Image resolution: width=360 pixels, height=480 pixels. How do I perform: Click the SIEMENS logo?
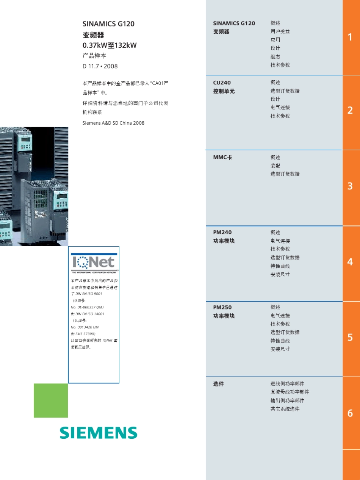99,433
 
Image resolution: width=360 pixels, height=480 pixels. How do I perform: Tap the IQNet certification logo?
94,263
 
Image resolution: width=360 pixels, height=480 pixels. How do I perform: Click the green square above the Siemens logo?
51,400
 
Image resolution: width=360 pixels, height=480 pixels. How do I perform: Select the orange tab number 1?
350,37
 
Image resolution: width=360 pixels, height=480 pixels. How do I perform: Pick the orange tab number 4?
350,262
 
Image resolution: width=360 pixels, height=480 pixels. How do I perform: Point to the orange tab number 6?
350,413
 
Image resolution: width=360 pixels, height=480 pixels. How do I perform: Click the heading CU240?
222,82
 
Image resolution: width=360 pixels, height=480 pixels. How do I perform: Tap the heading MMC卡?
222,157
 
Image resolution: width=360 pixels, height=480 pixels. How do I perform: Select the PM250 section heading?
222,307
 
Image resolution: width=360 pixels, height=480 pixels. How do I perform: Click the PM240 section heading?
222,232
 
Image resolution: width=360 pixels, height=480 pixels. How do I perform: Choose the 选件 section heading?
219,384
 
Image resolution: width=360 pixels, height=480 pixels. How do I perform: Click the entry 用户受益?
280,31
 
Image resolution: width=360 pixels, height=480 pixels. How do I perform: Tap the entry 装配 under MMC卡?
275,166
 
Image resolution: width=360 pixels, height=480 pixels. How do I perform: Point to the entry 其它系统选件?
285,409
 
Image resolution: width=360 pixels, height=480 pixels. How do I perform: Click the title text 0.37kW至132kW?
110,45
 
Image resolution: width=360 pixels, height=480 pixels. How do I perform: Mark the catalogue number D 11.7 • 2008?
100,66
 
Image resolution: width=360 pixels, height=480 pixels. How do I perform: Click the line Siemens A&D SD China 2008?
113,123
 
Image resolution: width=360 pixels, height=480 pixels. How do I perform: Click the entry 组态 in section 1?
275,56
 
